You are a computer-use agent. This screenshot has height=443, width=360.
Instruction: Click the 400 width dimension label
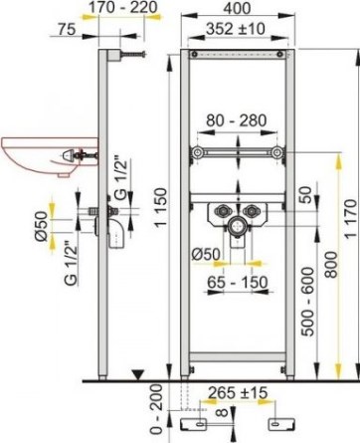point(237,8)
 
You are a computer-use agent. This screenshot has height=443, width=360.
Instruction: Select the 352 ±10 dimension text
point(236,29)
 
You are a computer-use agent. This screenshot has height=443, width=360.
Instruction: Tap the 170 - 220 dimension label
point(122,7)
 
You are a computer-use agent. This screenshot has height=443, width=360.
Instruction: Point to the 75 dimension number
point(68,29)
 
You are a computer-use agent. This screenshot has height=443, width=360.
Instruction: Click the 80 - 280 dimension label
point(237,120)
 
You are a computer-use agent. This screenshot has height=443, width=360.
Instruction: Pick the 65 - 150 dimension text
point(238,283)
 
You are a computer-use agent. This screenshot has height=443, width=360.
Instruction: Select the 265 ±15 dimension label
point(238,393)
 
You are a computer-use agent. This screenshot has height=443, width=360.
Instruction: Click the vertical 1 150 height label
point(161,208)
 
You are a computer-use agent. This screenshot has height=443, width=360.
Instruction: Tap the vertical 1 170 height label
point(351,218)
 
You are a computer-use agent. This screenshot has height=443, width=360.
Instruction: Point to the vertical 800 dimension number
point(331,265)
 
